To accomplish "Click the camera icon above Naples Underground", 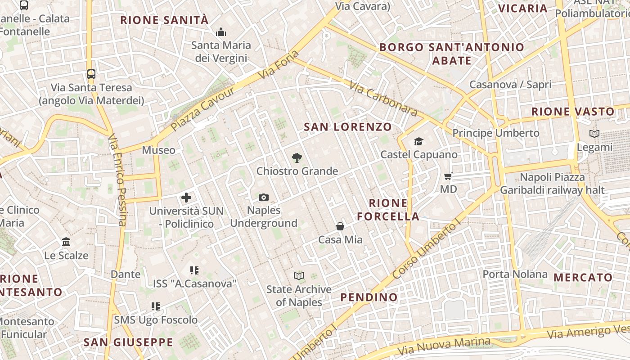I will tap(264, 197).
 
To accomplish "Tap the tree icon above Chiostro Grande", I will tap(297, 158).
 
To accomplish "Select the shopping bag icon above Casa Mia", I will tap(340, 226).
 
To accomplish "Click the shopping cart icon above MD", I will tap(448, 176).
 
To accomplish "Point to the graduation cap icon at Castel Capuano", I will tap(419, 141).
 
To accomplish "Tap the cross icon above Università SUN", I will tap(186, 198).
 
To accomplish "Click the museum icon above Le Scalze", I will tap(66, 242).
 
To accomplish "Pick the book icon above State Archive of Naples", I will tap(299, 276).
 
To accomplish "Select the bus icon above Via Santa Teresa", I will tap(91, 74).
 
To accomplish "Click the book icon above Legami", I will tap(594, 134).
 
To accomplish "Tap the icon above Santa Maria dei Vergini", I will tap(221, 32).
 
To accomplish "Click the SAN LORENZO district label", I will tap(348, 127).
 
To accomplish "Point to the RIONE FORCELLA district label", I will tap(388, 210).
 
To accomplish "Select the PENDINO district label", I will tap(369, 297).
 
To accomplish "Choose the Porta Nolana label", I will tap(515, 274).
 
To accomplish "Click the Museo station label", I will tap(158, 150).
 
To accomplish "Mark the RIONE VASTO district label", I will tap(572, 112).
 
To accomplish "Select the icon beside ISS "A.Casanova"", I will tap(194, 270).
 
